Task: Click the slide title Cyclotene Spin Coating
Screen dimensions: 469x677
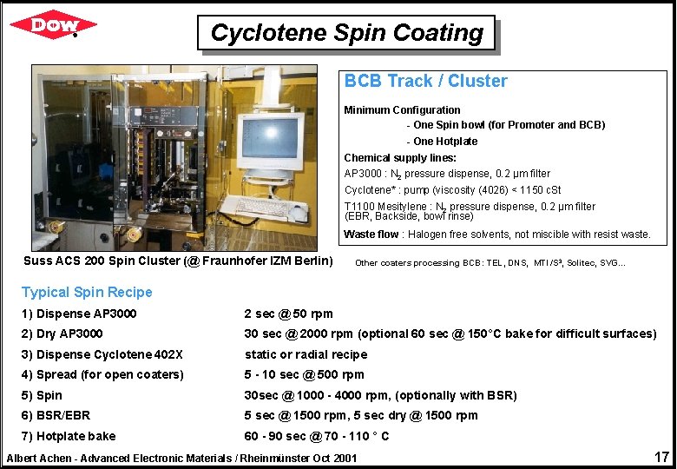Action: (x=346, y=34)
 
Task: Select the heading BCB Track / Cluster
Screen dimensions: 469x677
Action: (x=425, y=82)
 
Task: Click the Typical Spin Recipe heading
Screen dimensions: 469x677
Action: (x=87, y=293)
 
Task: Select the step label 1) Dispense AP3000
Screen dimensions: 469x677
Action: (x=79, y=314)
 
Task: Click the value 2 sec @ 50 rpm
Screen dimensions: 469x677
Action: (x=288, y=314)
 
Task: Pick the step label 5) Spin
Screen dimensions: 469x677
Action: (x=43, y=395)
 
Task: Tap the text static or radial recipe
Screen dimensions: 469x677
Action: (x=306, y=354)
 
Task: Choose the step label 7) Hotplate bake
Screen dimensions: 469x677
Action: (x=69, y=436)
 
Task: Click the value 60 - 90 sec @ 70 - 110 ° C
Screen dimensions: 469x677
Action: (x=317, y=436)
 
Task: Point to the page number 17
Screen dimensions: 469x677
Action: (x=661, y=456)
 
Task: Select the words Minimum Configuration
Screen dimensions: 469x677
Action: (x=402, y=110)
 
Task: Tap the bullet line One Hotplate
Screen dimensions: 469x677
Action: (x=445, y=142)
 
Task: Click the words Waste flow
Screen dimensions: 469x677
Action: (x=371, y=234)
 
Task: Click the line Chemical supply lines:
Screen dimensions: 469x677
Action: (x=400, y=158)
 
